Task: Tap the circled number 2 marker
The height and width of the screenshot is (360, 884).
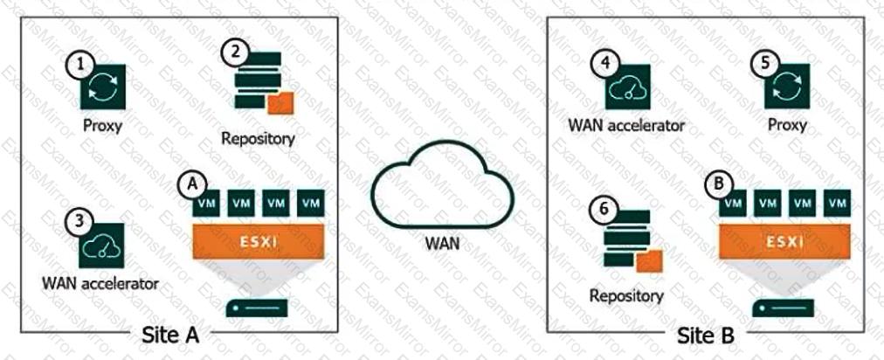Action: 231,53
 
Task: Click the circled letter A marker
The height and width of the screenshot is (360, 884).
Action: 189,184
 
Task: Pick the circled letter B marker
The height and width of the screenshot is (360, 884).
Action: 717,184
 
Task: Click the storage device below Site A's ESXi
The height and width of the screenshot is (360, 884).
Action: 256,308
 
